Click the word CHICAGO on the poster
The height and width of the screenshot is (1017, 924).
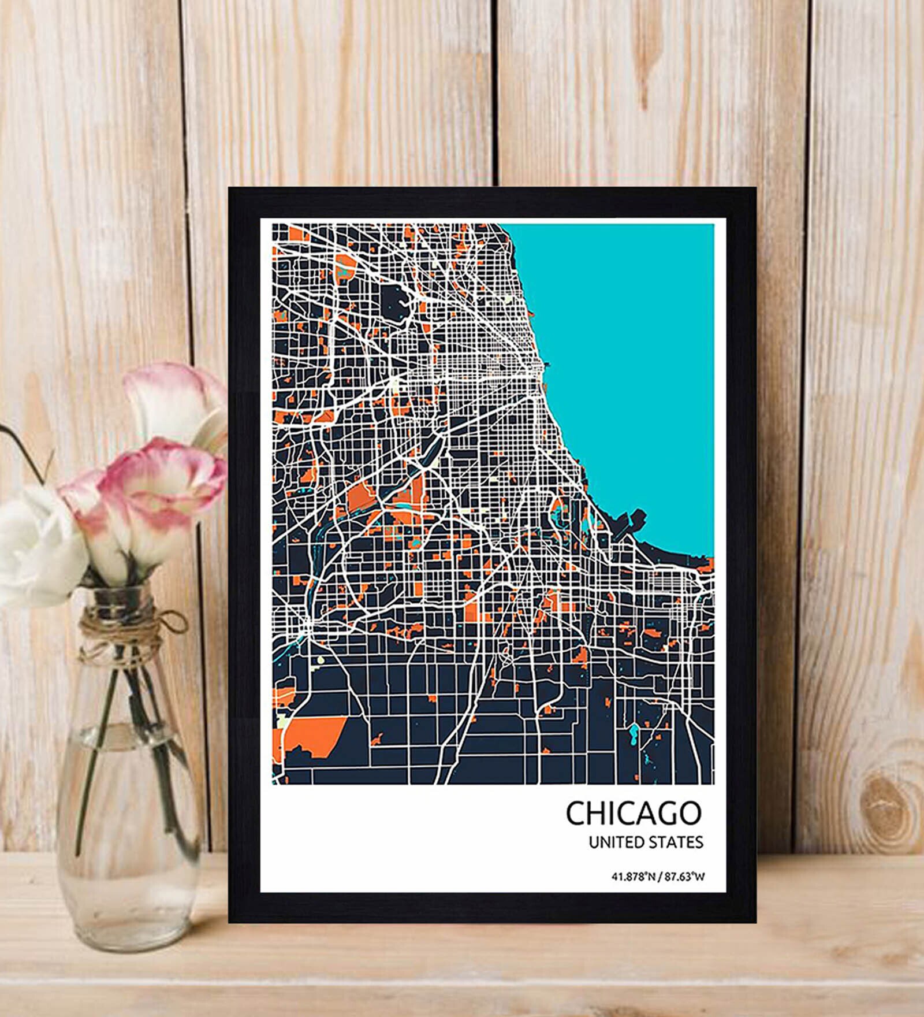(x=633, y=813)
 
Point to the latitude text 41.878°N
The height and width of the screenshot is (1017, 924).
(x=632, y=877)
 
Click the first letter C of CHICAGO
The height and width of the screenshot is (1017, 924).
(x=575, y=813)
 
